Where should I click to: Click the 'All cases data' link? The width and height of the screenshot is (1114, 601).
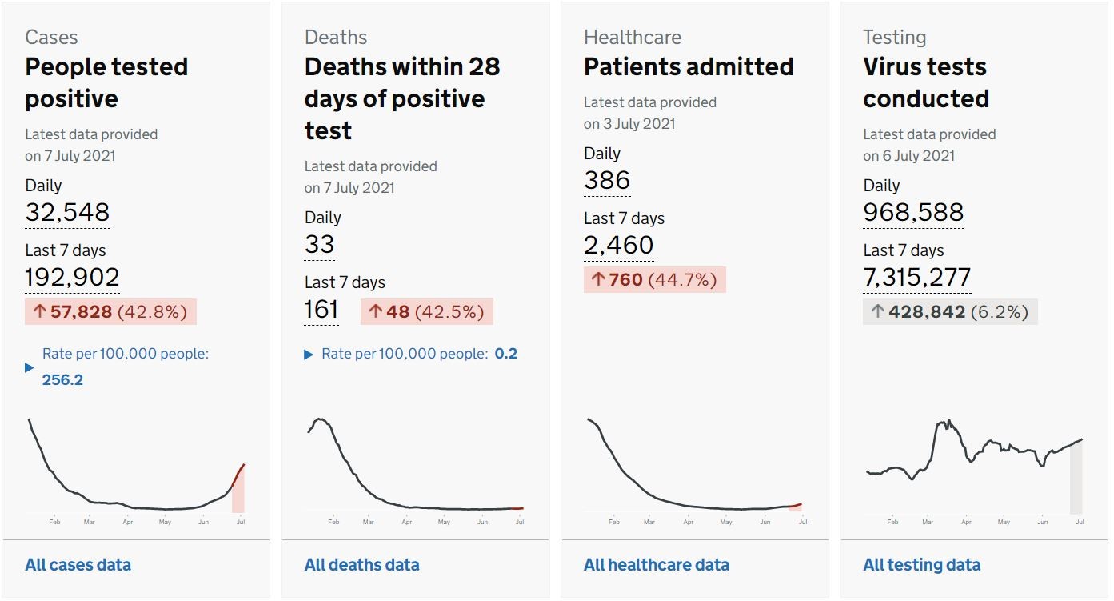[x=78, y=565]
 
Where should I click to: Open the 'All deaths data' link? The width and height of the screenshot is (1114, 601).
[x=362, y=565]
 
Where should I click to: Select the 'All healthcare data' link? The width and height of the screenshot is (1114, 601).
[x=657, y=565]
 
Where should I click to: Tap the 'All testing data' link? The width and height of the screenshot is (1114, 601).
[x=922, y=565]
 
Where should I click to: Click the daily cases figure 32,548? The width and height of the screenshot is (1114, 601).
[x=67, y=212]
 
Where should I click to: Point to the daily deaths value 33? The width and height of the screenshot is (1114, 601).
[x=319, y=244]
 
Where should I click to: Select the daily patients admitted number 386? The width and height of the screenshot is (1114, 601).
[x=607, y=180]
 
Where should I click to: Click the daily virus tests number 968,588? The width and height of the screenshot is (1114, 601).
[x=913, y=212]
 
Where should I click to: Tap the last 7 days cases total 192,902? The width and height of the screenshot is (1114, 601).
[x=72, y=277]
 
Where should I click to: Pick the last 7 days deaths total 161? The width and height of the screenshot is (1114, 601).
[x=321, y=310]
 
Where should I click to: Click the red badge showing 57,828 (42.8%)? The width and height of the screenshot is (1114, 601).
[x=110, y=312]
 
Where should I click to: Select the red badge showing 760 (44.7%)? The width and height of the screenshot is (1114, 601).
[x=654, y=279]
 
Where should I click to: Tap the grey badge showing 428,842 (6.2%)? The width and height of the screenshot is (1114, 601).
[x=950, y=312]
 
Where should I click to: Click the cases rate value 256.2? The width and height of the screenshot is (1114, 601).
[x=62, y=379]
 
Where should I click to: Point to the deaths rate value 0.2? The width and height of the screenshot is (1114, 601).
[x=505, y=354]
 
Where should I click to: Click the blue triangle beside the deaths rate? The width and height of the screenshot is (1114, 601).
[x=309, y=355]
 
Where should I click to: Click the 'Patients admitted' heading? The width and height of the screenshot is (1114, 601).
[x=689, y=66]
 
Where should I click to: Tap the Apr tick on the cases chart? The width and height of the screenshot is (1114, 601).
[x=128, y=522]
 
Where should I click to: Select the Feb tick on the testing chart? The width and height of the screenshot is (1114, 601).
[x=892, y=522]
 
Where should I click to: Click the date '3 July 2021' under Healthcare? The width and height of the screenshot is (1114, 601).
[x=639, y=124]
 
